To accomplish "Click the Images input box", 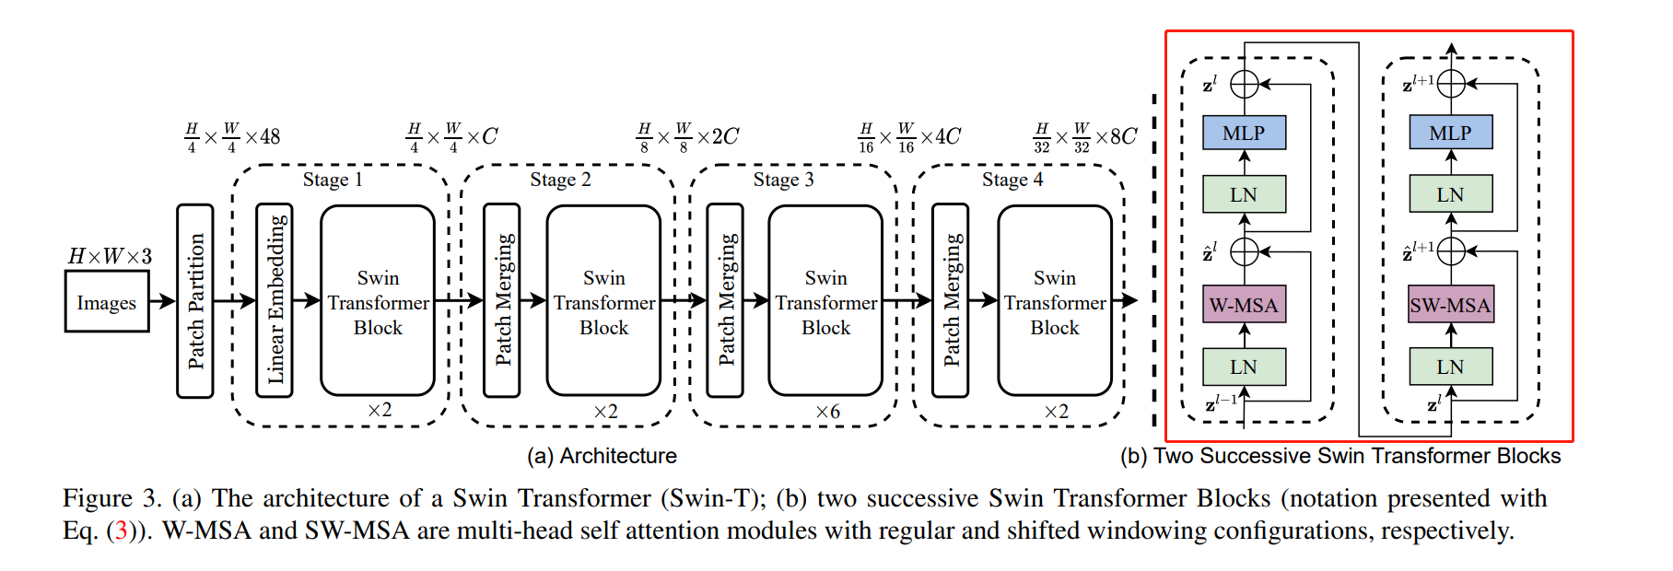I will [x=107, y=302].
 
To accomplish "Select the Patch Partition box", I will [x=195, y=301].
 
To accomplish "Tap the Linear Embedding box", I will [x=275, y=300].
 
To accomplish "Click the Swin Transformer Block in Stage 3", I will [x=825, y=301].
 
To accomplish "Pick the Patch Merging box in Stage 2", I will [x=502, y=300].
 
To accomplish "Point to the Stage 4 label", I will [x=1012, y=180].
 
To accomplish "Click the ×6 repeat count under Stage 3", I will [x=827, y=412].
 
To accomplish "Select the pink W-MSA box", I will [x=1244, y=305].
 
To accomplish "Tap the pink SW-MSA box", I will [x=1450, y=305].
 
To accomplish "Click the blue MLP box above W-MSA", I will [x=1244, y=133].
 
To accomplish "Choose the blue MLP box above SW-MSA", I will [x=1450, y=133].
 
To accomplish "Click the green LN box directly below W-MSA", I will [x=1244, y=367].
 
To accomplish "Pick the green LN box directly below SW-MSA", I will [x=1450, y=367].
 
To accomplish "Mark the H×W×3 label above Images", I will [x=110, y=256].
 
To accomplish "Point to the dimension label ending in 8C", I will [x=1084, y=137].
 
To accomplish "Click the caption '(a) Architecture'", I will [x=602, y=456].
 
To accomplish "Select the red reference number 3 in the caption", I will [x=121, y=531].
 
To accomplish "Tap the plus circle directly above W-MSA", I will [x=1245, y=251].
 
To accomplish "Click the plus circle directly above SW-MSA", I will [x=1451, y=251].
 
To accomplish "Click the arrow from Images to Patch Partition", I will [x=162, y=301].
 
